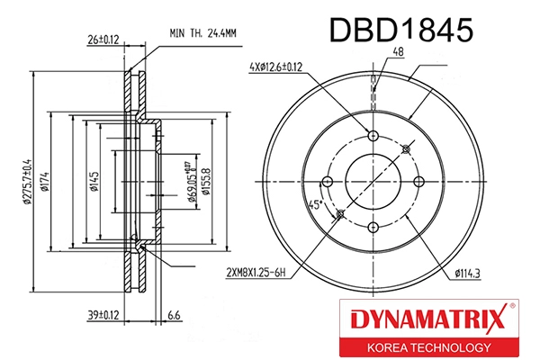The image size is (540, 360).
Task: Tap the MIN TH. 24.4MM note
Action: click(x=202, y=33)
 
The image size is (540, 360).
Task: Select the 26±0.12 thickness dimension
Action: click(x=103, y=40)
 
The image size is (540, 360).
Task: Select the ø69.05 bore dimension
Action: click(x=191, y=180)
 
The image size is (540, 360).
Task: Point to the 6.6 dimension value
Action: click(x=175, y=315)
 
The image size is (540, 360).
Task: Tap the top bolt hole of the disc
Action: click(x=373, y=137)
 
